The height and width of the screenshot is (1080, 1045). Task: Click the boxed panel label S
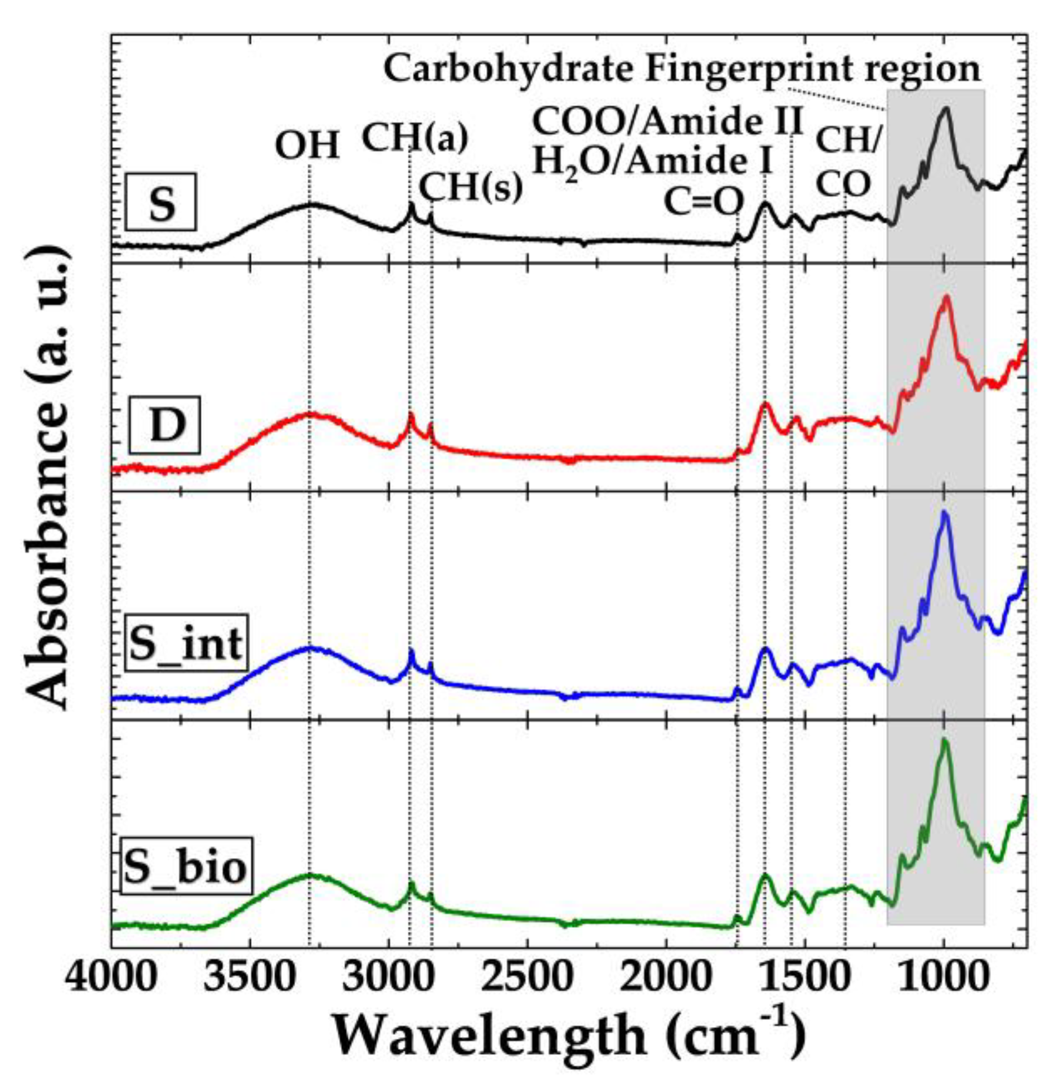pos(162,203)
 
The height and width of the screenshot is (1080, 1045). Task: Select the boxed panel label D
pos(164,425)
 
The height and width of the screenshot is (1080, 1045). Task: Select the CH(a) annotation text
pos(415,139)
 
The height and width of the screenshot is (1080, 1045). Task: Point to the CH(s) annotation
pos(471,187)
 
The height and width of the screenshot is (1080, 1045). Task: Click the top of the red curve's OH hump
pos(310,415)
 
